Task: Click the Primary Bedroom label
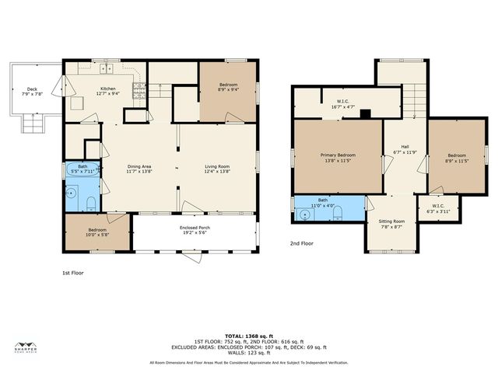click(338, 158)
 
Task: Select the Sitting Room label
click(391, 224)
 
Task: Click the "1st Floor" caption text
click(72, 274)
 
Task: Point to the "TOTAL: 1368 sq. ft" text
click(249, 334)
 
